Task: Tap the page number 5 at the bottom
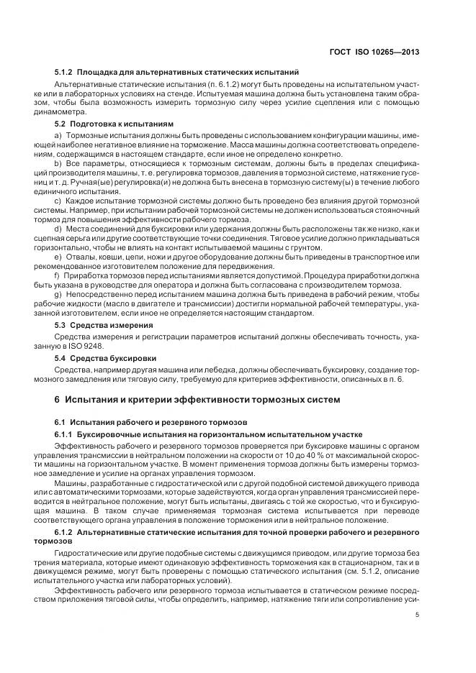418,614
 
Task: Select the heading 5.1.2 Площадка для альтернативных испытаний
176,73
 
